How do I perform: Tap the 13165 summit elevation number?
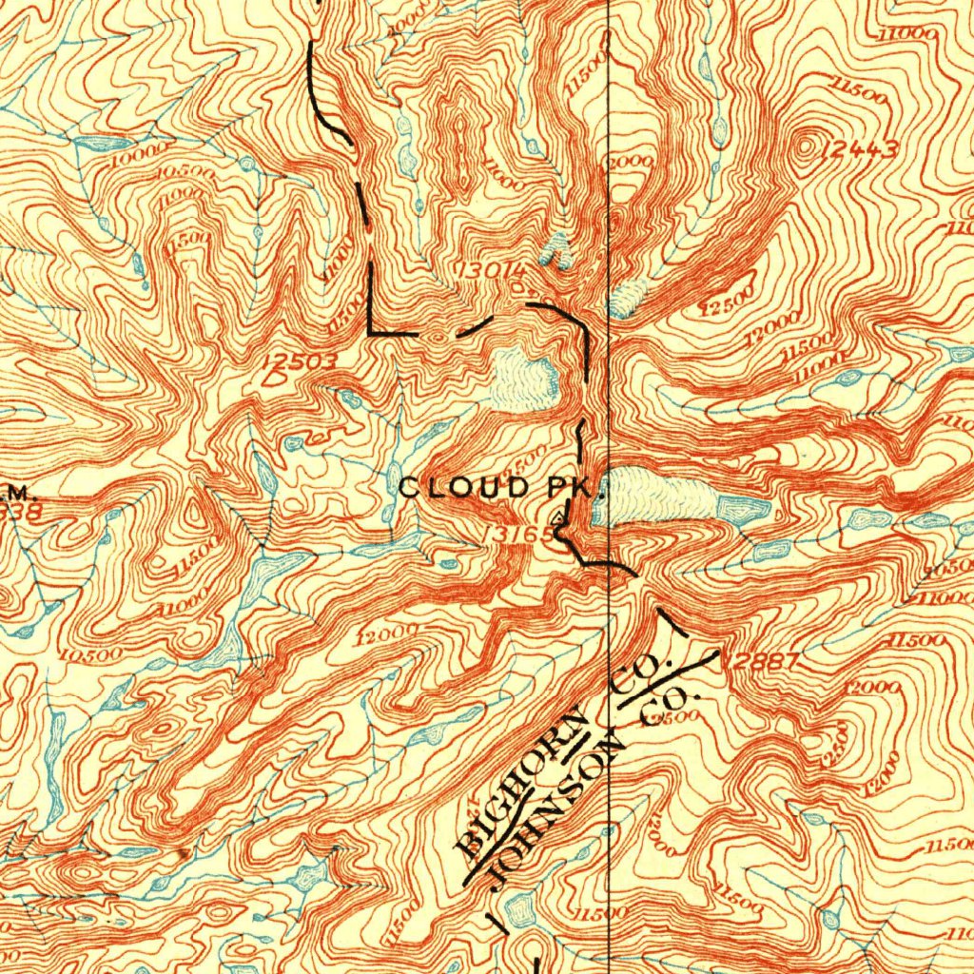tap(517, 535)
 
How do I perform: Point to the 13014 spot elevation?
tap(491, 270)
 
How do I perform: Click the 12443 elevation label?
tap(862, 148)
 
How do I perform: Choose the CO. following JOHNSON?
tap(669, 711)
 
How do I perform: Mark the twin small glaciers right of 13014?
tap(557, 252)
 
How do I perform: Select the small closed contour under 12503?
tap(277, 379)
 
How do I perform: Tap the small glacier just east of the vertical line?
tap(626, 300)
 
